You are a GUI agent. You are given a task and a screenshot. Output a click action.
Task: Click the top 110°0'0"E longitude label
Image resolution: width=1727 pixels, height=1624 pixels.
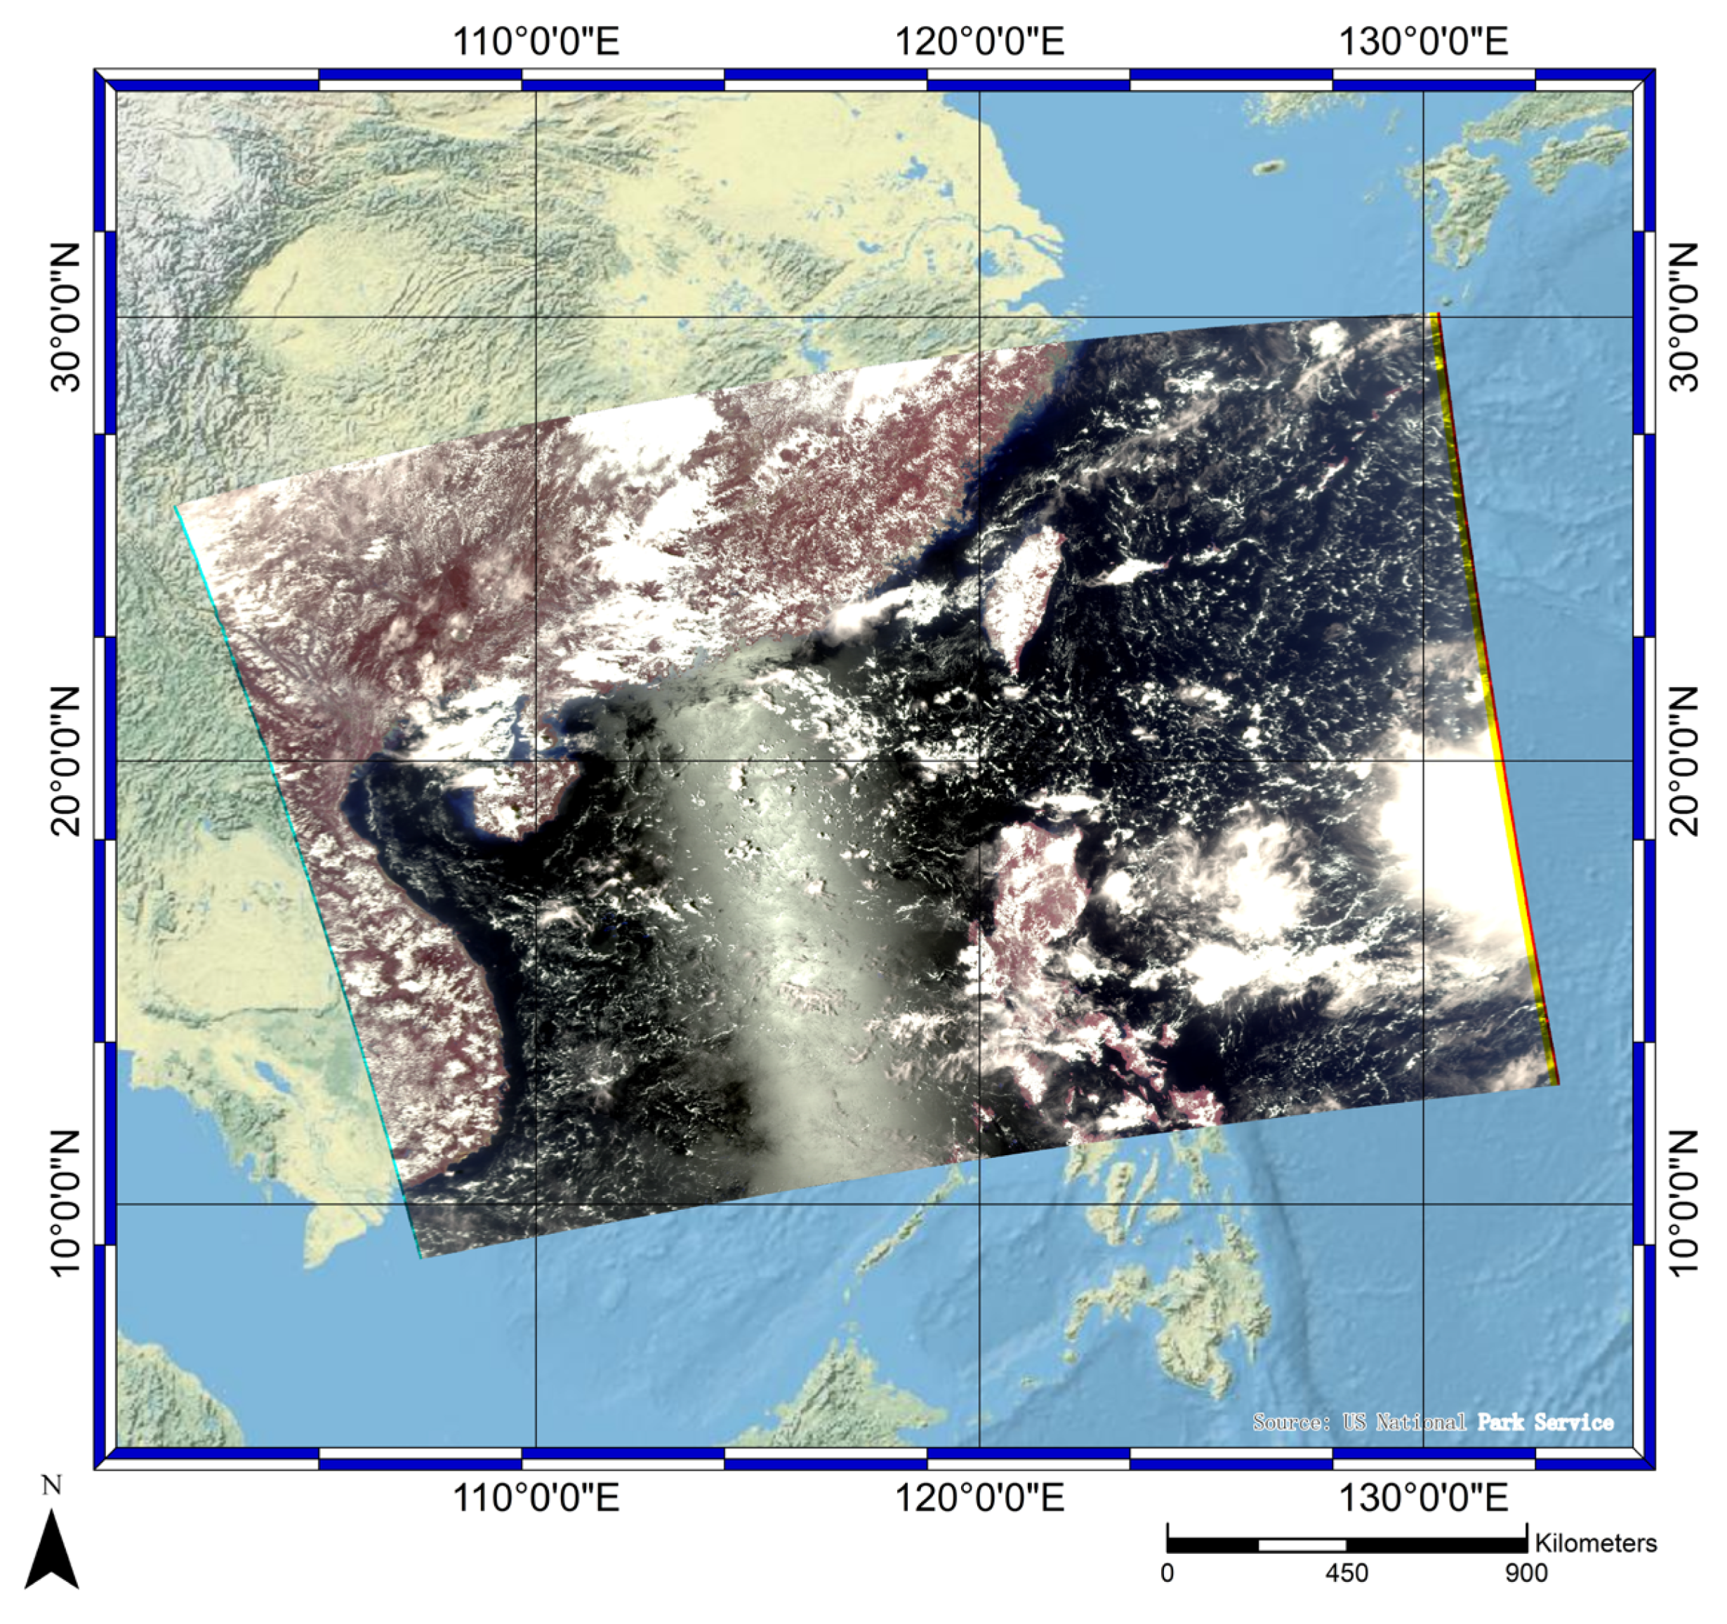[x=536, y=41]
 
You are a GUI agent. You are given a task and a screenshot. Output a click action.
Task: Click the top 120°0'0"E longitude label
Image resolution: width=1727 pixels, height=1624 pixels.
[x=979, y=41]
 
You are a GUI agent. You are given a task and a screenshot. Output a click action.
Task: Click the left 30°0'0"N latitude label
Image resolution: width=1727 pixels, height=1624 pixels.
[x=65, y=317]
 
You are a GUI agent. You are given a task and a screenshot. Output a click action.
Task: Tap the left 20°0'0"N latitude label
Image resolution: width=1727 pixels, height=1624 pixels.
[x=65, y=761]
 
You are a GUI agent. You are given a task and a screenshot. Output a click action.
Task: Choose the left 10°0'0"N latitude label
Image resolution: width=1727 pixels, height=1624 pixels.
[x=65, y=1204]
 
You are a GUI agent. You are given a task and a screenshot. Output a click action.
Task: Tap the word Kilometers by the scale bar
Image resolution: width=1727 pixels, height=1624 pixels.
[x=1596, y=1543]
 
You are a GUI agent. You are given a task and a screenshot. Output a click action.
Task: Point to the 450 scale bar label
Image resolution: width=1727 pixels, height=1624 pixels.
[x=1346, y=1573]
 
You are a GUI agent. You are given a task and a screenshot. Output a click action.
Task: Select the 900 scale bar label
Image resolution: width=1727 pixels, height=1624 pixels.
[x=1526, y=1573]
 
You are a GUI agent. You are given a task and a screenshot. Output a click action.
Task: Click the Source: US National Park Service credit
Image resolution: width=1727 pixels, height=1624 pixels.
[x=1433, y=1423]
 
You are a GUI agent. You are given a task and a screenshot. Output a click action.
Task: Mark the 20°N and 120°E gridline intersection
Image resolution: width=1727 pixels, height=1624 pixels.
[x=979, y=761]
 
